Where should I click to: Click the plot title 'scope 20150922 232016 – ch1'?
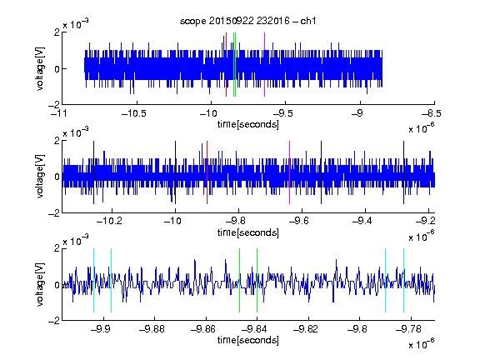[x=248, y=21]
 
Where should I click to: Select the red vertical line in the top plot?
[x=226, y=64]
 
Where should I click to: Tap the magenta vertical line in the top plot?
[x=264, y=64]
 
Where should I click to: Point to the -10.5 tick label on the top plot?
[x=134, y=113]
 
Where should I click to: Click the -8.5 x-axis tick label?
[x=432, y=113]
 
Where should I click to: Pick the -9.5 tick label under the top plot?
[x=282, y=113]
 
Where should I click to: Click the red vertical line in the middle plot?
[x=207, y=172]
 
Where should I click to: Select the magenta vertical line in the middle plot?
[x=290, y=172]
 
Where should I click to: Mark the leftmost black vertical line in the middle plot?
[x=93, y=172]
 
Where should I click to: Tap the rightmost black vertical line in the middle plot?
[x=404, y=172]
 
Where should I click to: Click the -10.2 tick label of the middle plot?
[x=109, y=221]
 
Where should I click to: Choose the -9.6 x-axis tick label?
[x=298, y=221]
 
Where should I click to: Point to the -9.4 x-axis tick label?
[x=362, y=221]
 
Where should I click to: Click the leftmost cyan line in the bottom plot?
[x=93, y=280]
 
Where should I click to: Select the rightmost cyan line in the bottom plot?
[x=404, y=280]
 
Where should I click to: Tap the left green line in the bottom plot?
[x=239, y=280]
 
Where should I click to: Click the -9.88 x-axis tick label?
[x=152, y=329]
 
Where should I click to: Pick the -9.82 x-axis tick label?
[x=306, y=329]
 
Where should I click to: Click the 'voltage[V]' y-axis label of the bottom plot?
[x=40, y=284]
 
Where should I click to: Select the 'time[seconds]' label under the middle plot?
[x=248, y=232]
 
